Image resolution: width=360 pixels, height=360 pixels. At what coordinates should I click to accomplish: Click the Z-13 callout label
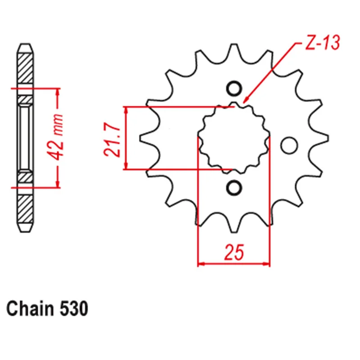322,43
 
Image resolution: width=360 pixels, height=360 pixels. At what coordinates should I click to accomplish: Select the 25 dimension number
234,252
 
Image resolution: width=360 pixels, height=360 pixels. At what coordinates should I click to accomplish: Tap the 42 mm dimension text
55,137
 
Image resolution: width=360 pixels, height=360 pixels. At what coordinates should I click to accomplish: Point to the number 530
74,309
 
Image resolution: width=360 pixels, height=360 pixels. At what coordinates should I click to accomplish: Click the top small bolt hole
234,89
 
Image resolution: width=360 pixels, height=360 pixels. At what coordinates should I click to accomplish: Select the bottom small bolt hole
234,188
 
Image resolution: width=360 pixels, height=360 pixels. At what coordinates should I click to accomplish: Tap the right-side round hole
289,145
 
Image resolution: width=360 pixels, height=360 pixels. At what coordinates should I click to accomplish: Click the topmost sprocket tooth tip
234,44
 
